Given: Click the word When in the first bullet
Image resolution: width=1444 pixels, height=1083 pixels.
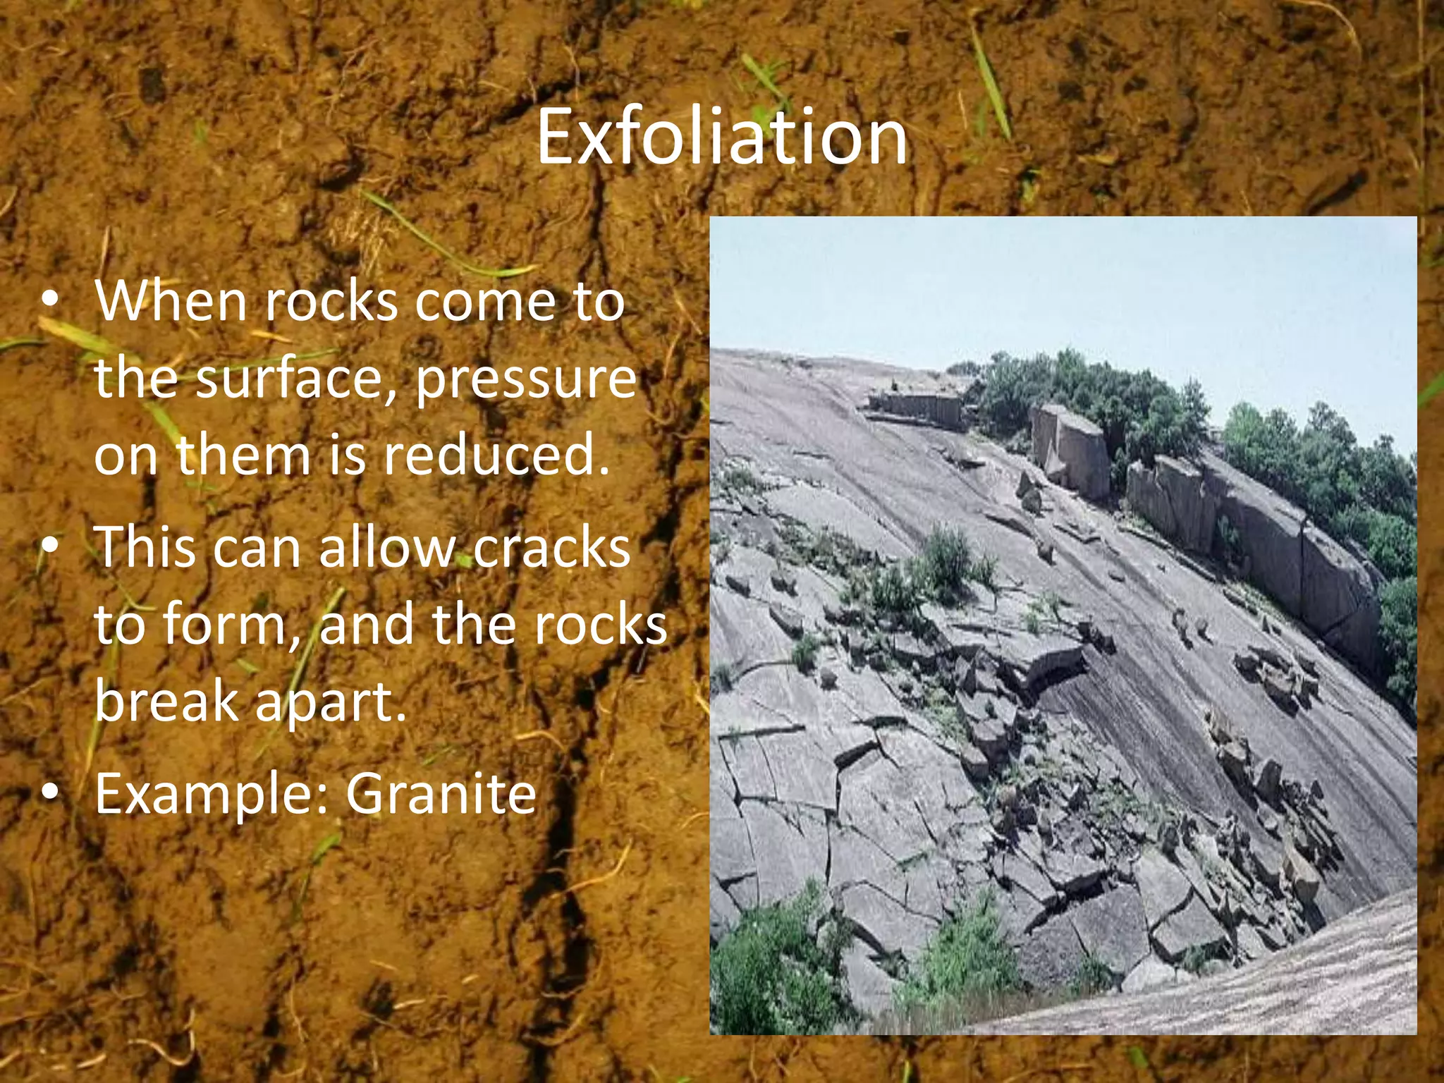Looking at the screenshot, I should (x=170, y=301).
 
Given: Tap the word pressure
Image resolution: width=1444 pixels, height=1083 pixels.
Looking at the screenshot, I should (x=525, y=379).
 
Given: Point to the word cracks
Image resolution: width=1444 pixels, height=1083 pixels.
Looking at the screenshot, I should (x=551, y=548).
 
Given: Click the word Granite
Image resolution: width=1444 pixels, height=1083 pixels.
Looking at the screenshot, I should (x=441, y=794).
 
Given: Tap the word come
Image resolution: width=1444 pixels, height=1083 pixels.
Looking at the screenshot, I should (x=486, y=302).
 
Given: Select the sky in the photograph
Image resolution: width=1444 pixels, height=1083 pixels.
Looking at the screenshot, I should (x=1058, y=282).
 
